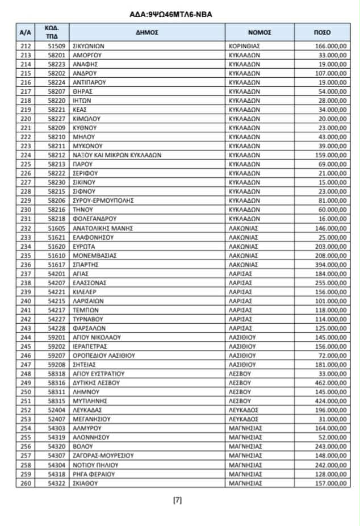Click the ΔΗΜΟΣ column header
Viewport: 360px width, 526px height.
(x=146, y=32)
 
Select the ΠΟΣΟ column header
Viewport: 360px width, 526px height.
(x=322, y=32)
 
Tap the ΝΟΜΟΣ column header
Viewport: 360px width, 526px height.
(x=259, y=32)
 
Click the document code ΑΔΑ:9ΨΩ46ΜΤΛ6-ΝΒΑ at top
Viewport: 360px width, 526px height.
(x=180, y=15)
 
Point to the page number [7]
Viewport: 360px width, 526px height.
(x=177, y=500)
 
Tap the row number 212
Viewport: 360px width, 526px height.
(x=25, y=45)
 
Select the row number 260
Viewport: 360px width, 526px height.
(x=25, y=483)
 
